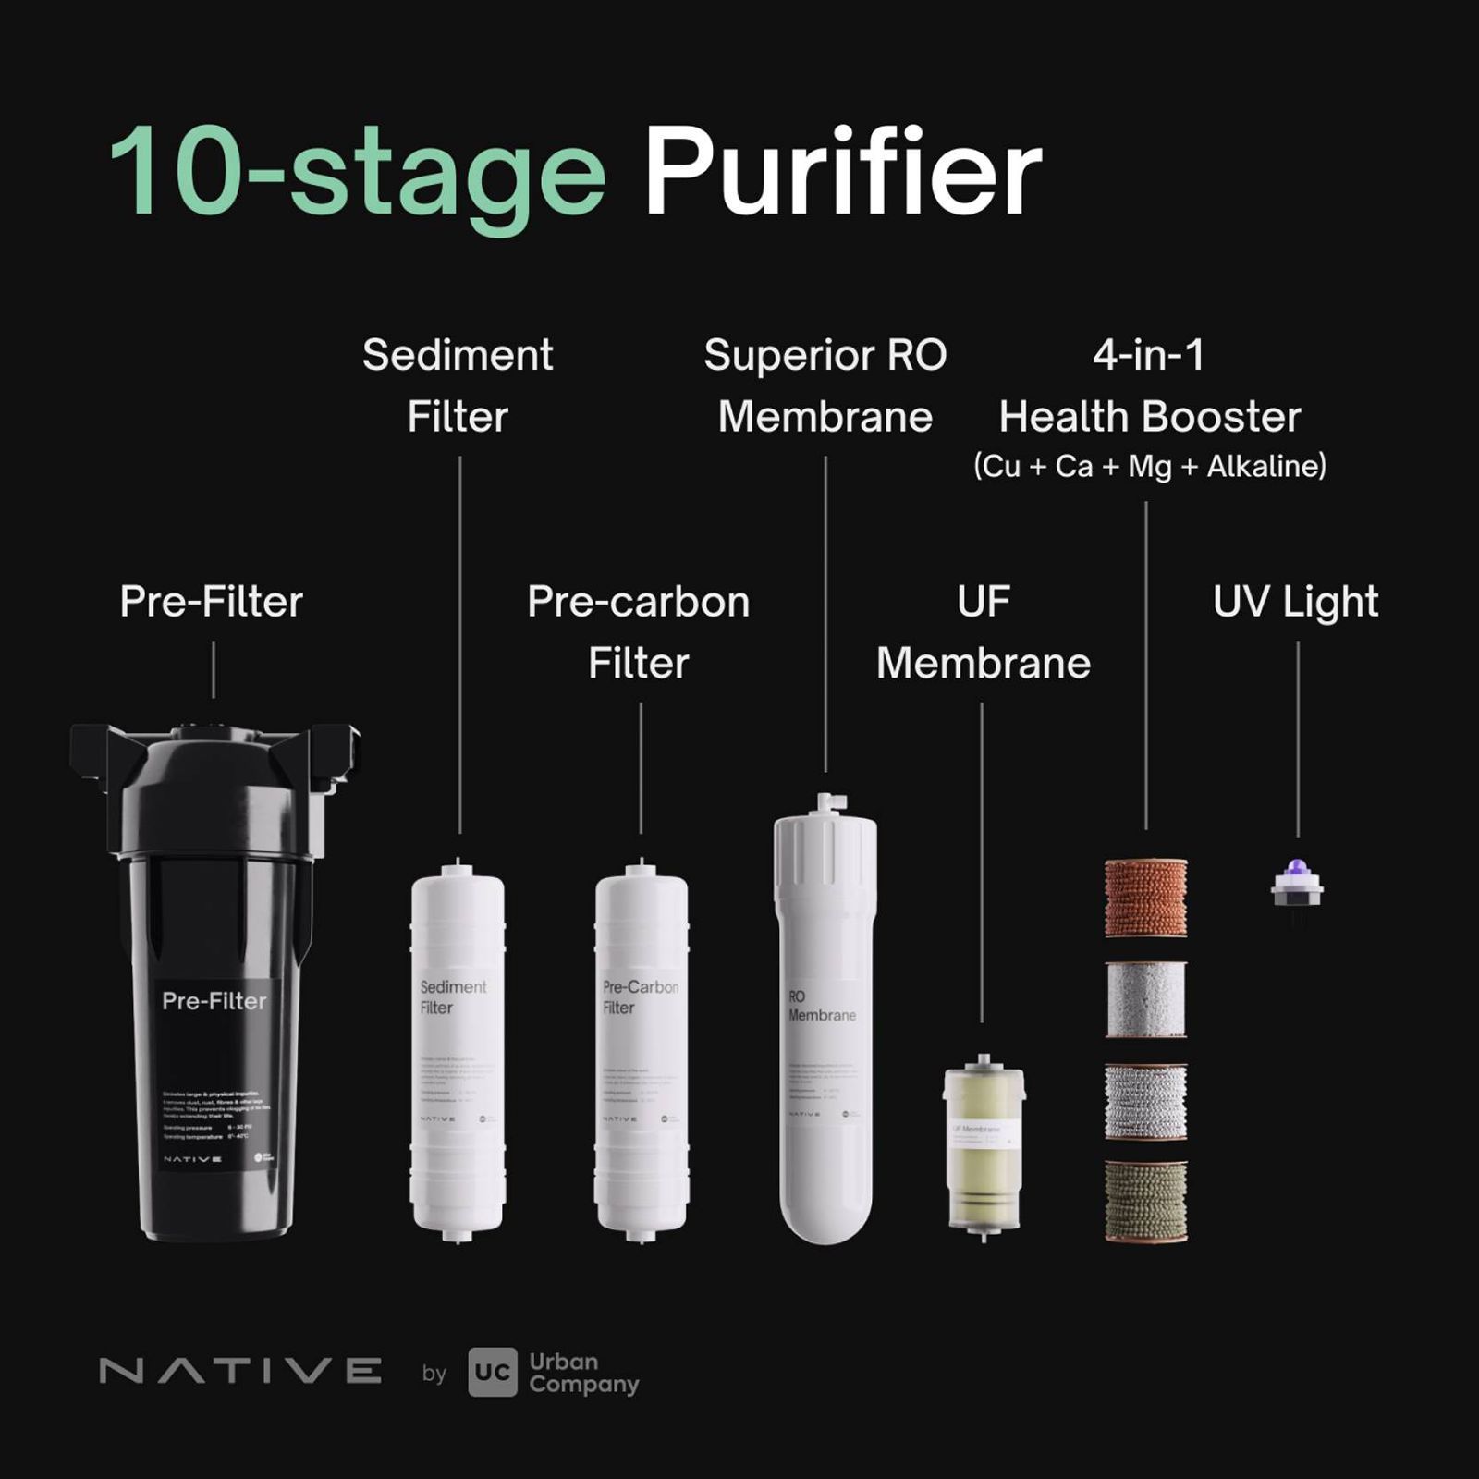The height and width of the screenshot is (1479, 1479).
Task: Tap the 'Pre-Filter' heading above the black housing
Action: (x=212, y=602)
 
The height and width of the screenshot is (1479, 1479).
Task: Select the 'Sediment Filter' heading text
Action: (x=458, y=385)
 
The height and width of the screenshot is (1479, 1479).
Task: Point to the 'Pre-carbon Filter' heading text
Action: (x=638, y=631)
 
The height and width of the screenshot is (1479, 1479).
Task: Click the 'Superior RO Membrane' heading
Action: (x=825, y=385)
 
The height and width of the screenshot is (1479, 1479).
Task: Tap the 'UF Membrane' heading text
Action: (x=983, y=631)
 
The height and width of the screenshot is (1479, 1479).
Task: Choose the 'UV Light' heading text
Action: (x=1295, y=602)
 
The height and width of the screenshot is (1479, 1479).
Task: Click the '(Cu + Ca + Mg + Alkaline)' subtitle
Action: (x=1149, y=466)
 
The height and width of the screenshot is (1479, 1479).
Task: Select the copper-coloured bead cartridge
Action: (x=1145, y=897)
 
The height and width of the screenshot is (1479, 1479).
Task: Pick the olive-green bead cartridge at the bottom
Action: (x=1145, y=1200)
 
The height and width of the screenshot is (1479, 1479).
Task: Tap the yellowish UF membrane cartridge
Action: (x=984, y=1146)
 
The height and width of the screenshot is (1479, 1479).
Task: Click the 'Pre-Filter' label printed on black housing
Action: (x=214, y=1001)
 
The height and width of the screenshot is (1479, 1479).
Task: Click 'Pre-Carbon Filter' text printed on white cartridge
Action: (x=639, y=996)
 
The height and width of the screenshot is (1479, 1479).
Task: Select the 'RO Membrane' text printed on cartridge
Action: (x=820, y=1006)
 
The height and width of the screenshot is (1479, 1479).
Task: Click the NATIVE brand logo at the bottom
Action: (x=240, y=1371)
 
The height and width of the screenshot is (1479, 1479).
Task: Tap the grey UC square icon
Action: (x=492, y=1372)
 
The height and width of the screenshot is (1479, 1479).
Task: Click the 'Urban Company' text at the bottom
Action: (x=582, y=1373)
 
